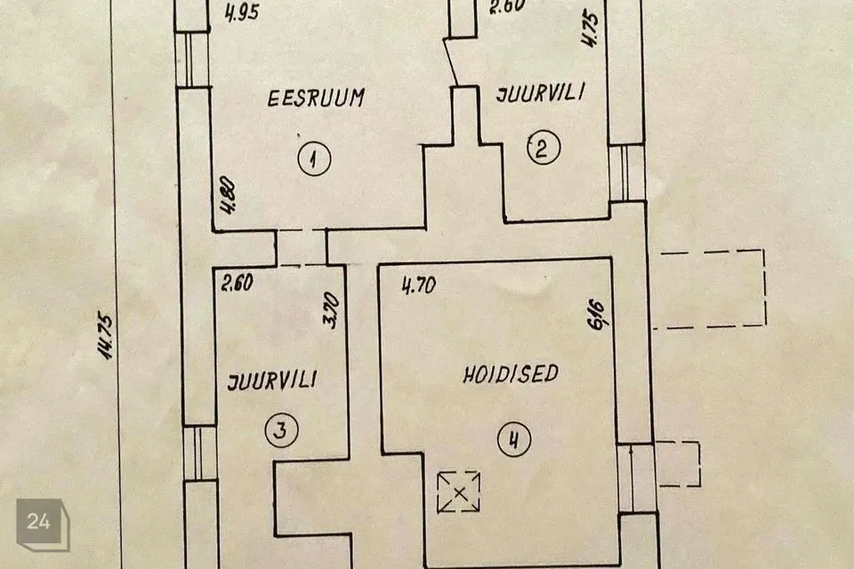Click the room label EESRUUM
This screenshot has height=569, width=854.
click(316, 99)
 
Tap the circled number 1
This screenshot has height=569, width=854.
click(313, 160)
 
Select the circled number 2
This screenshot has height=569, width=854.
click(543, 148)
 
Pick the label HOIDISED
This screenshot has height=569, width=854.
click(511, 373)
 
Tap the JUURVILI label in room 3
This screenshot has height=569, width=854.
click(271, 382)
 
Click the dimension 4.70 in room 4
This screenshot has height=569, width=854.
click(418, 285)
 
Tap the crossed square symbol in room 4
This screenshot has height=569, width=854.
click(458, 492)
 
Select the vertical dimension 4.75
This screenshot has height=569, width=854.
click(588, 28)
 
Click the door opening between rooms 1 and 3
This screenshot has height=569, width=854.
click(302, 246)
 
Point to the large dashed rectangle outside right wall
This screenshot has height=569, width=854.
click(708, 289)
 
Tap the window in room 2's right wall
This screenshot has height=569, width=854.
click(630, 172)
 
